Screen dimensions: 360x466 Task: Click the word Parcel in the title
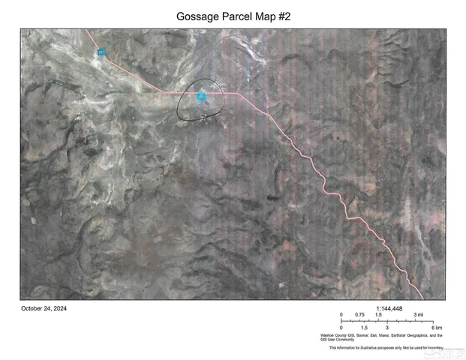242,15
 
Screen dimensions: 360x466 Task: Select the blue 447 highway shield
101,52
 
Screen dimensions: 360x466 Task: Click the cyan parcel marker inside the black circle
201,96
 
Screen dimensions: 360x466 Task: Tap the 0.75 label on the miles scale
360,315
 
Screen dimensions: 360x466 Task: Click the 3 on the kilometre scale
387,328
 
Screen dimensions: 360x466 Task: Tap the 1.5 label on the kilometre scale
364,328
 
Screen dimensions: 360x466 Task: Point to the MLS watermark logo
446,351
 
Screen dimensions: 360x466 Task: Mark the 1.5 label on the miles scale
380,315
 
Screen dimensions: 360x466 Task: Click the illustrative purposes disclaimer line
386,348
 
